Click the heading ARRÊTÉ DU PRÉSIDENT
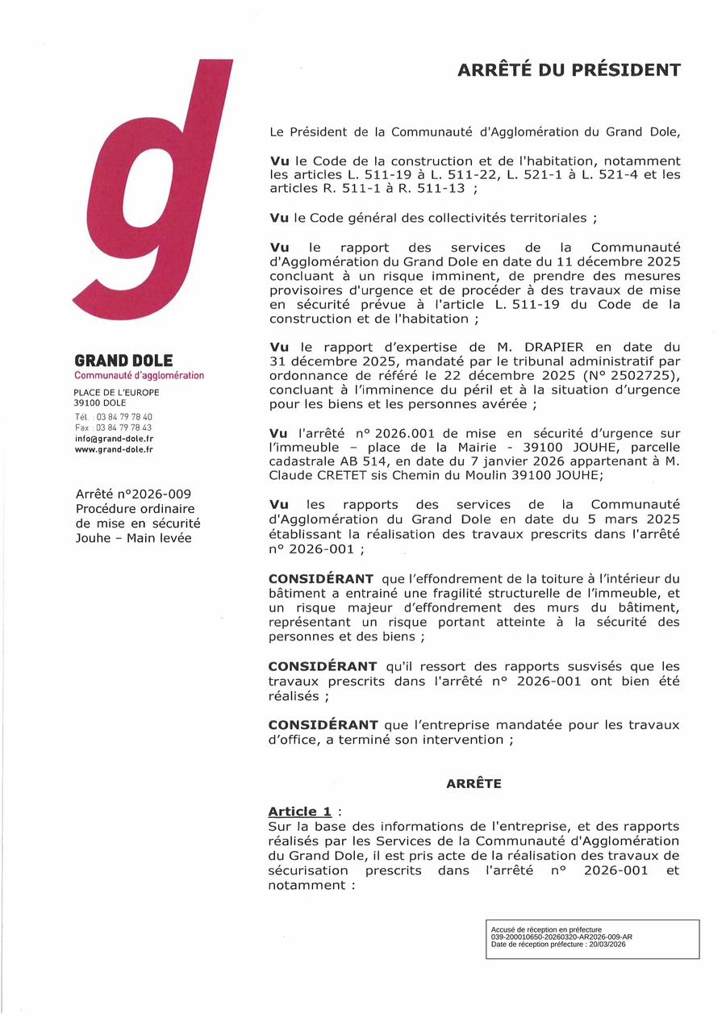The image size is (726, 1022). [569, 70]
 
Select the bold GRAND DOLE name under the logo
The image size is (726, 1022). [123, 361]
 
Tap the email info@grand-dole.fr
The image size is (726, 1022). [114, 438]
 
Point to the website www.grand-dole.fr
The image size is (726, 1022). [114, 449]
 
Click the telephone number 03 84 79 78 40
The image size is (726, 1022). [124, 417]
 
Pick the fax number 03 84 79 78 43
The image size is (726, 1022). [124, 428]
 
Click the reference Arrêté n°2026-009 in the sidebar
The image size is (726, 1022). [133, 494]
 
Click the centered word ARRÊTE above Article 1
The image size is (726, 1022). [474, 783]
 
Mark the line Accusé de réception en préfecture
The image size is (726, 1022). [546, 929]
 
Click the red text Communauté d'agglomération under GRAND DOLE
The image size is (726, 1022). [139, 376]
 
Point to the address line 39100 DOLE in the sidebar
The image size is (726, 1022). [100, 403]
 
